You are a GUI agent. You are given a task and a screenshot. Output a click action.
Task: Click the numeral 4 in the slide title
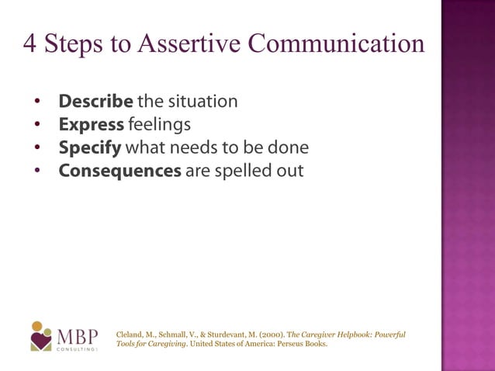click(31, 43)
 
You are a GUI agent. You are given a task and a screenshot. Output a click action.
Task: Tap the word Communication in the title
click(335, 43)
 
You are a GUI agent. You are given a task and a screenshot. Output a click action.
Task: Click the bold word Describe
click(97, 102)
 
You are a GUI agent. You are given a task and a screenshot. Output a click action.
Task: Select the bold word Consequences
click(120, 170)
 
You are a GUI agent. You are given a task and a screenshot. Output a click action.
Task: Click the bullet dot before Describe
click(36, 102)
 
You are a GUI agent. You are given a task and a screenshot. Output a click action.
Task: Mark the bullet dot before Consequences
click(36, 171)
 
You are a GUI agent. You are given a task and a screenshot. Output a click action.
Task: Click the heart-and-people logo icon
click(41, 336)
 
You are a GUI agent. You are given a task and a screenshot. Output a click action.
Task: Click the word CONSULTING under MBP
click(76, 350)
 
